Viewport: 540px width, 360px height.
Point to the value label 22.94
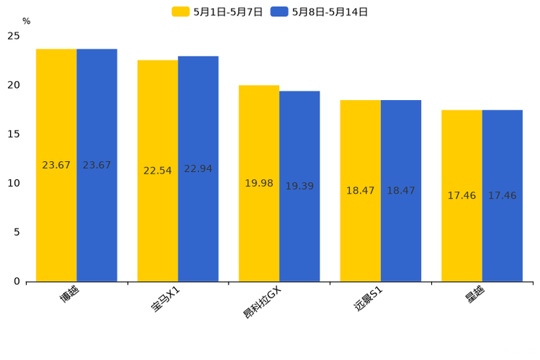coord(198,169)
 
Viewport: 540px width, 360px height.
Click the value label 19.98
coord(259,184)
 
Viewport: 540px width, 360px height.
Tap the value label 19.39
coord(300,187)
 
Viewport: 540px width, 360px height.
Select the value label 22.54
coord(157,171)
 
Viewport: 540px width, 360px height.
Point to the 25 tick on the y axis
coord(14,36)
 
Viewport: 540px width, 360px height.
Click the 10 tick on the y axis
coord(14,184)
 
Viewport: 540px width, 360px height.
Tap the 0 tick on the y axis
coord(17,282)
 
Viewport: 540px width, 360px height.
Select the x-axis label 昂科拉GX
coord(262,302)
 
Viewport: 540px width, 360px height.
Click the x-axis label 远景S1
coord(369,299)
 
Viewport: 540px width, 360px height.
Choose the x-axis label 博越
coord(70,294)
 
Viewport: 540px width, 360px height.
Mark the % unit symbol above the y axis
coord(26,22)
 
